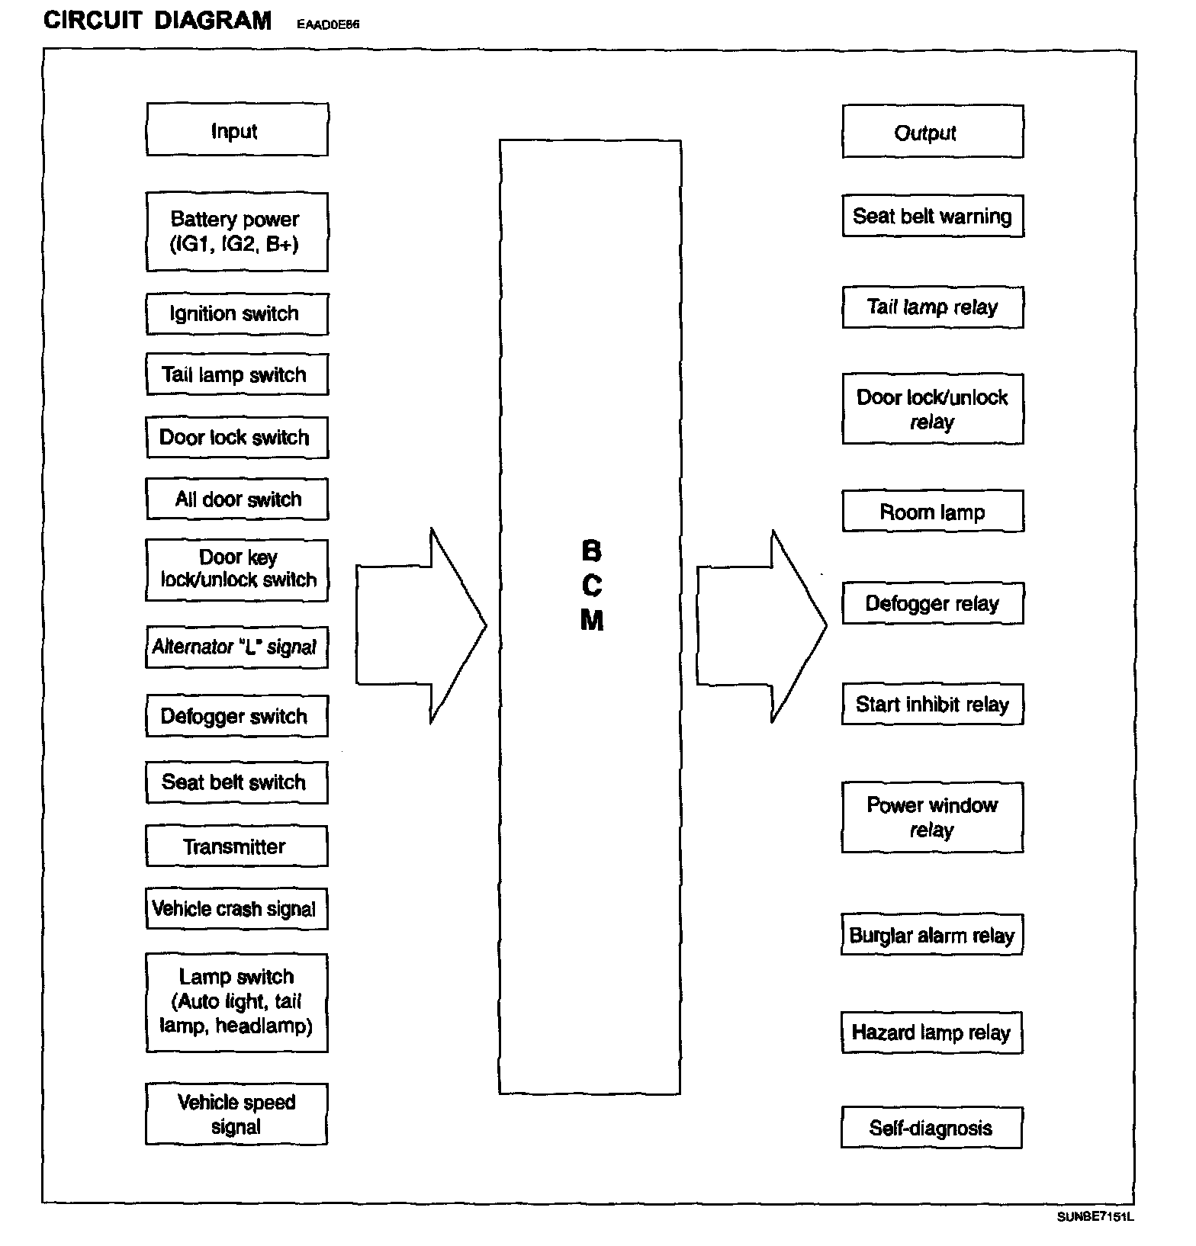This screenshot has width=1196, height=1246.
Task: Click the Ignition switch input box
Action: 236,314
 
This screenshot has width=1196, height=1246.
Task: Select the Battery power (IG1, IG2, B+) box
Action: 236,232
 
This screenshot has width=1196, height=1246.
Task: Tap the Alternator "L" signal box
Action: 236,647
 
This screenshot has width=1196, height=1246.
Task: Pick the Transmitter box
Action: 236,846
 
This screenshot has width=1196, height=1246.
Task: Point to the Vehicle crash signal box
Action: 236,909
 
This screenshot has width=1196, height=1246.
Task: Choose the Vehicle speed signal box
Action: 236,1114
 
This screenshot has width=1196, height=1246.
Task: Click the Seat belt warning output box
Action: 932,217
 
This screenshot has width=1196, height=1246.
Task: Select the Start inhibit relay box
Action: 932,704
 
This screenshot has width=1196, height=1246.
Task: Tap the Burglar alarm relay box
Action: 931,935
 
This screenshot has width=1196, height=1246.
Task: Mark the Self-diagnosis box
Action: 931,1128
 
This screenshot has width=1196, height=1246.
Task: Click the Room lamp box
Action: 932,512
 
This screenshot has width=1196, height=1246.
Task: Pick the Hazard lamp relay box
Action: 931,1032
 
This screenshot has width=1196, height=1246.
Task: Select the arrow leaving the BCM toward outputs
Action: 761,625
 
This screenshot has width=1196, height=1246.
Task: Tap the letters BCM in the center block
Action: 591,586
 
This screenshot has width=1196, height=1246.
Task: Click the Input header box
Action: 236,130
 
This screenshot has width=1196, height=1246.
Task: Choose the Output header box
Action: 932,132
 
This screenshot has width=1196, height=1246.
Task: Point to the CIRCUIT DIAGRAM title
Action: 158,21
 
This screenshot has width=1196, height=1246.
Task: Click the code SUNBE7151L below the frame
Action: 1095,1216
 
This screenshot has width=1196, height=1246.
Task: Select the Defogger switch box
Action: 236,716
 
